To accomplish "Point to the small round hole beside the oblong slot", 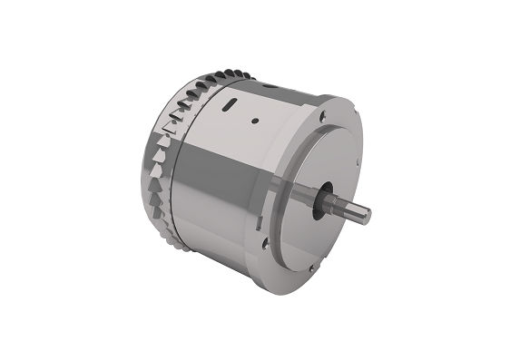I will pyautogui.click(x=256, y=118).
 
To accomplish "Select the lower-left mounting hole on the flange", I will pyautogui.click(x=264, y=243).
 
